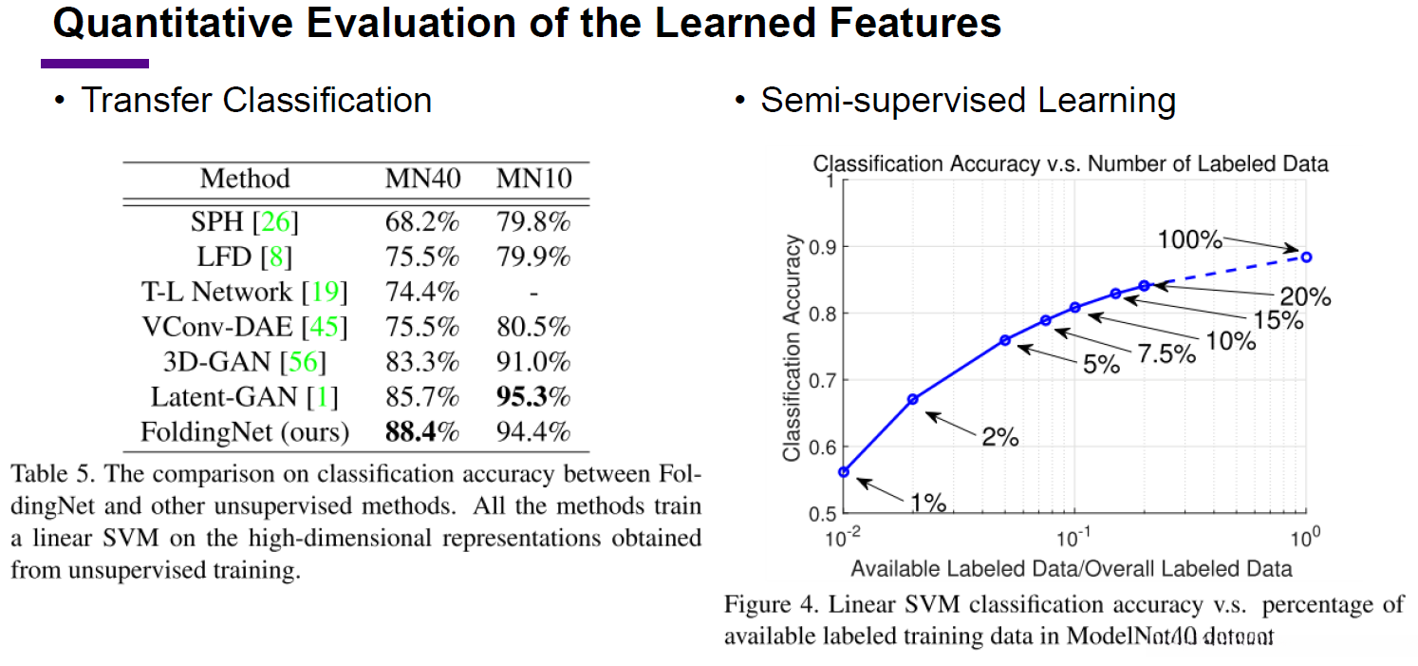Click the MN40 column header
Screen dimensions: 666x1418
[x=421, y=179]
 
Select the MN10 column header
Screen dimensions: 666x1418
[x=533, y=179]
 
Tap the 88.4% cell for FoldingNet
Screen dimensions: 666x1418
[x=421, y=432]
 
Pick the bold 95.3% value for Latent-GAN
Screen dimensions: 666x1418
[x=533, y=396]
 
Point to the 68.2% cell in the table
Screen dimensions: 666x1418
[x=421, y=223]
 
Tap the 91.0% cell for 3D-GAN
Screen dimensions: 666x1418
[x=533, y=362]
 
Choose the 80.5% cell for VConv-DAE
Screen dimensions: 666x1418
[x=533, y=328]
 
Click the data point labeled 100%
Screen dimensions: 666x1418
[x=1306, y=257]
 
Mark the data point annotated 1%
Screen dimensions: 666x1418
[x=843, y=471]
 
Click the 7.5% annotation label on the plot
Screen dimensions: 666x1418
[x=1166, y=353]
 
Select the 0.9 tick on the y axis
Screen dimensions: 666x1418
[x=814, y=247]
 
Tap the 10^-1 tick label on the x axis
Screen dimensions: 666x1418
[x=1074, y=539]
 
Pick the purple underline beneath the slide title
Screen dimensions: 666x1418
[x=95, y=64]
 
